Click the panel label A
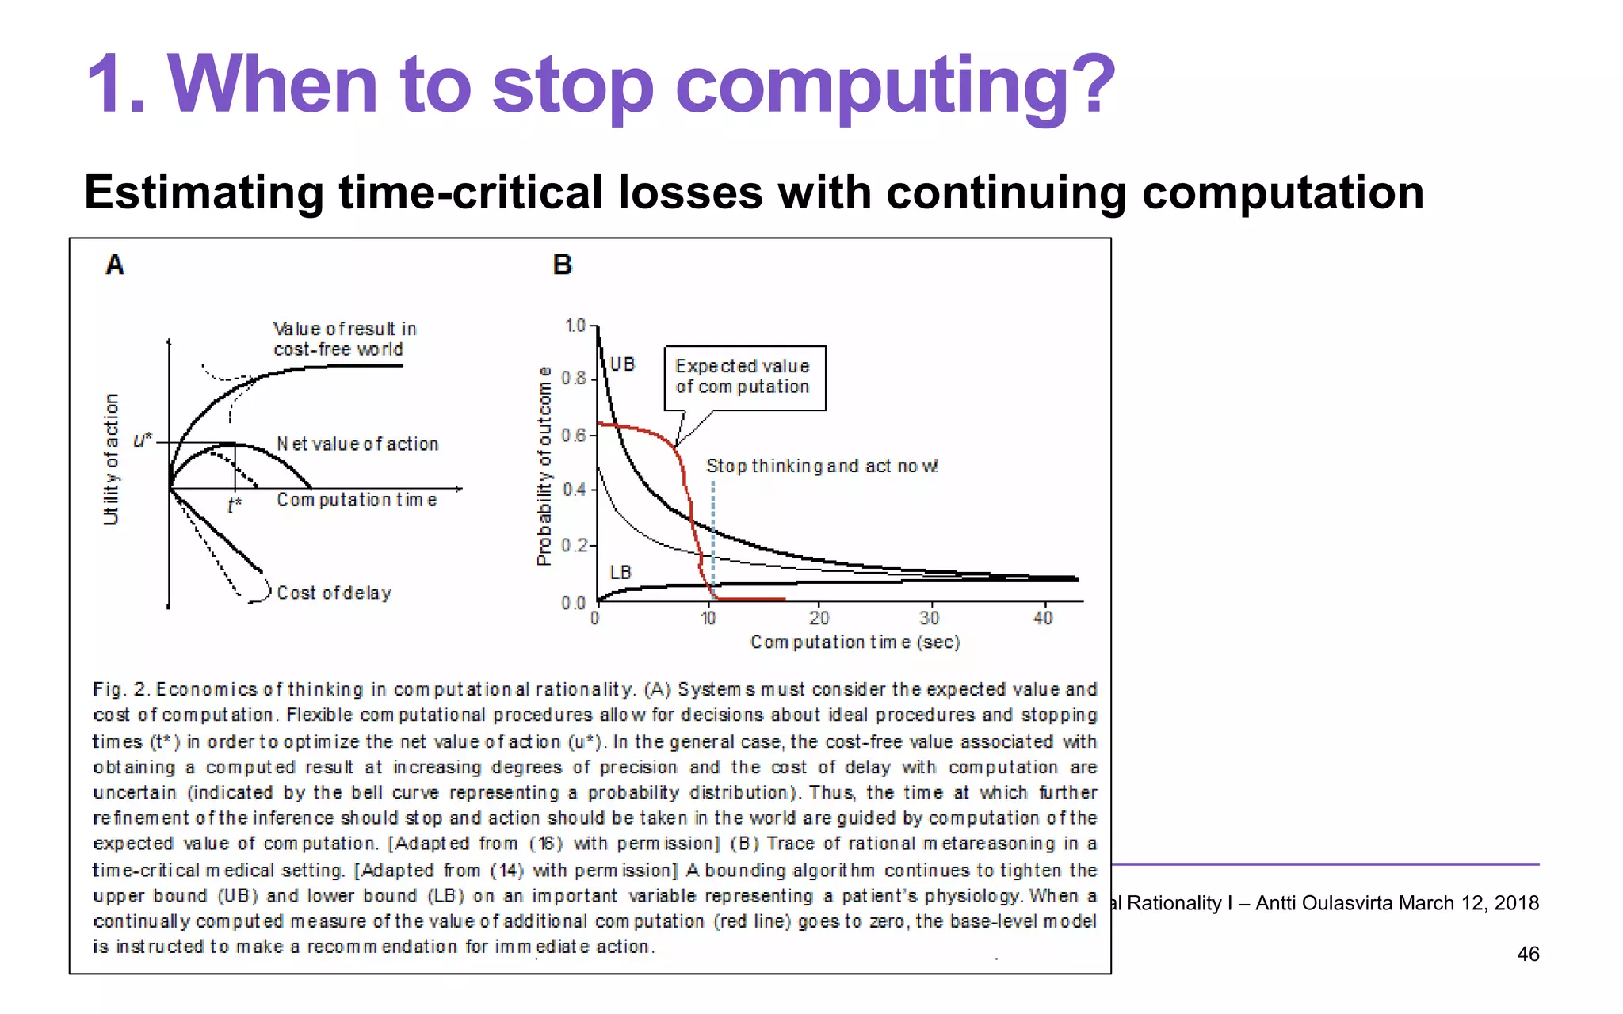(x=115, y=264)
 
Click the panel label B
(x=562, y=264)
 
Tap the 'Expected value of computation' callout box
(x=744, y=377)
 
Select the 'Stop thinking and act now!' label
(x=822, y=466)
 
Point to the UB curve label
(x=622, y=364)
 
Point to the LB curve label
(x=621, y=572)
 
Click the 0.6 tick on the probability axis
(x=574, y=436)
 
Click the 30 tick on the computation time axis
(x=930, y=618)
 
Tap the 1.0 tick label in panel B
(x=575, y=326)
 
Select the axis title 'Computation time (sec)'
(x=855, y=642)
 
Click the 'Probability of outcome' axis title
(x=544, y=466)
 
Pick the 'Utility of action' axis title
(x=111, y=459)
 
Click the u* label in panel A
(x=143, y=440)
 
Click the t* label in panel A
(x=234, y=505)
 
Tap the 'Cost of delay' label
(x=334, y=593)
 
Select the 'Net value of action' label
(x=357, y=444)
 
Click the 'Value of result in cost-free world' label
(x=344, y=339)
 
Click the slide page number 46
(x=1527, y=954)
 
